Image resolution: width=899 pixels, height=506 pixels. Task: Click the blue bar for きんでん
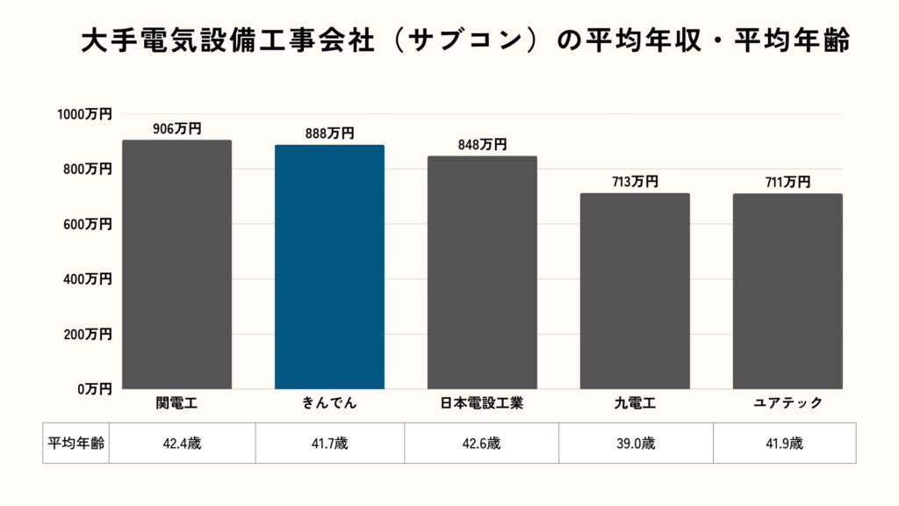click(x=329, y=267)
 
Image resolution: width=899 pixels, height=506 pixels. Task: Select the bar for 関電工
click(x=176, y=264)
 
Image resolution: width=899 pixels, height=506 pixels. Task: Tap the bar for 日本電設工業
click(x=482, y=272)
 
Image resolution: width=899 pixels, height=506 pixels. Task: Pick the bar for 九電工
click(x=635, y=291)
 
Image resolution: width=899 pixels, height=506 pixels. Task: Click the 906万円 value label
click(x=176, y=128)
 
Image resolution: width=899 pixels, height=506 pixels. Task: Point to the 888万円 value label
click(x=329, y=134)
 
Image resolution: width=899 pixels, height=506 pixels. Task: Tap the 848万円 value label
click(x=482, y=145)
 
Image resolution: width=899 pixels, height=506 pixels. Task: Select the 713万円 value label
click(x=635, y=182)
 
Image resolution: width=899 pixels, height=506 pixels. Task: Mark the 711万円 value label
click(x=788, y=182)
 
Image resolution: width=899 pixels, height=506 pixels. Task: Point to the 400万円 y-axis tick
click(x=88, y=278)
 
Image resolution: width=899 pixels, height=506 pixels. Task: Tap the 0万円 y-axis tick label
click(x=92, y=388)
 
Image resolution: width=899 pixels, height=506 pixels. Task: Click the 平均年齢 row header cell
click(x=76, y=444)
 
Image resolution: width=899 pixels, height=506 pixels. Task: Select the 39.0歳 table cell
click(x=635, y=444)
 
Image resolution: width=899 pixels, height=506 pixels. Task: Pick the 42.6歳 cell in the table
click(x=481, y=444)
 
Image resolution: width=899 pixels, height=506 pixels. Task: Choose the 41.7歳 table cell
click(x=329, y=444)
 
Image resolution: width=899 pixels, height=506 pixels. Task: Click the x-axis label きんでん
click(x=329, y=403)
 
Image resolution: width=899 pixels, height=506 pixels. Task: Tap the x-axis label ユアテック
click(x=788, y=403)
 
